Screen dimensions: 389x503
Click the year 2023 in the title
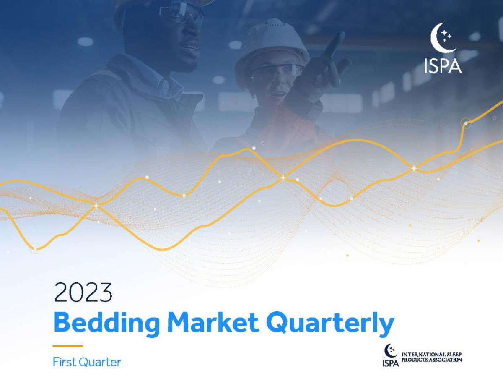pyautogui.click(x=83, y=292)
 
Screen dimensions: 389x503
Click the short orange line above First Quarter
pyautogui.click(x=67, y=346)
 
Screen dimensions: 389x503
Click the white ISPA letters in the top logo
pyautogui.click(x=442, y=67)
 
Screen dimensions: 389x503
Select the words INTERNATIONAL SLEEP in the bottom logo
pyautogui.click(x=431, y=355)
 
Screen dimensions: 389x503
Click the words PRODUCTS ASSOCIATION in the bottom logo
pyautogui.click(x=431, y=360)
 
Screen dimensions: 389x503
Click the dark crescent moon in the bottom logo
pyautogui.click(x=389, y=351)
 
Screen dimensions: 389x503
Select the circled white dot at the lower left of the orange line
pyautogui.click(x=36, y=248)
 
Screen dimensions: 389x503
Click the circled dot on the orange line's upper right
pyautogui.click(x=466, y=123)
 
